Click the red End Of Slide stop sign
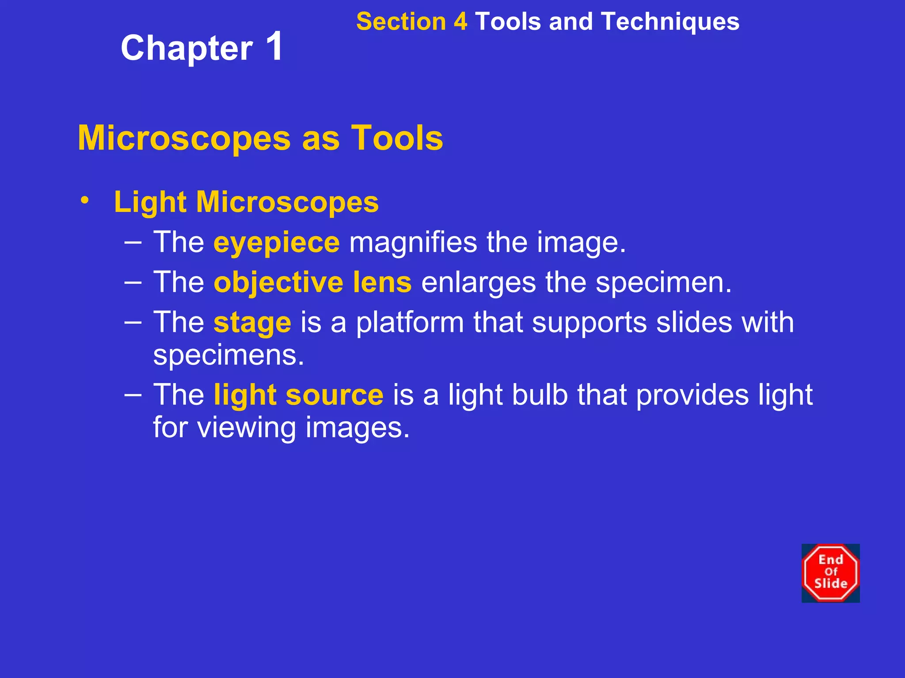830,573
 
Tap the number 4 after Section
460,22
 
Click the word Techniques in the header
670,22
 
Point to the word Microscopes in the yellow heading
184,138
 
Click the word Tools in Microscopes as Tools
397,138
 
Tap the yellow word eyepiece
277,243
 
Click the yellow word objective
278,283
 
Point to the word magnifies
413,242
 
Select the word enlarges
478,283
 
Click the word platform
410,323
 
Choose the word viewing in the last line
246,428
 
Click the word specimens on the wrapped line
228,355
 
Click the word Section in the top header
401,22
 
